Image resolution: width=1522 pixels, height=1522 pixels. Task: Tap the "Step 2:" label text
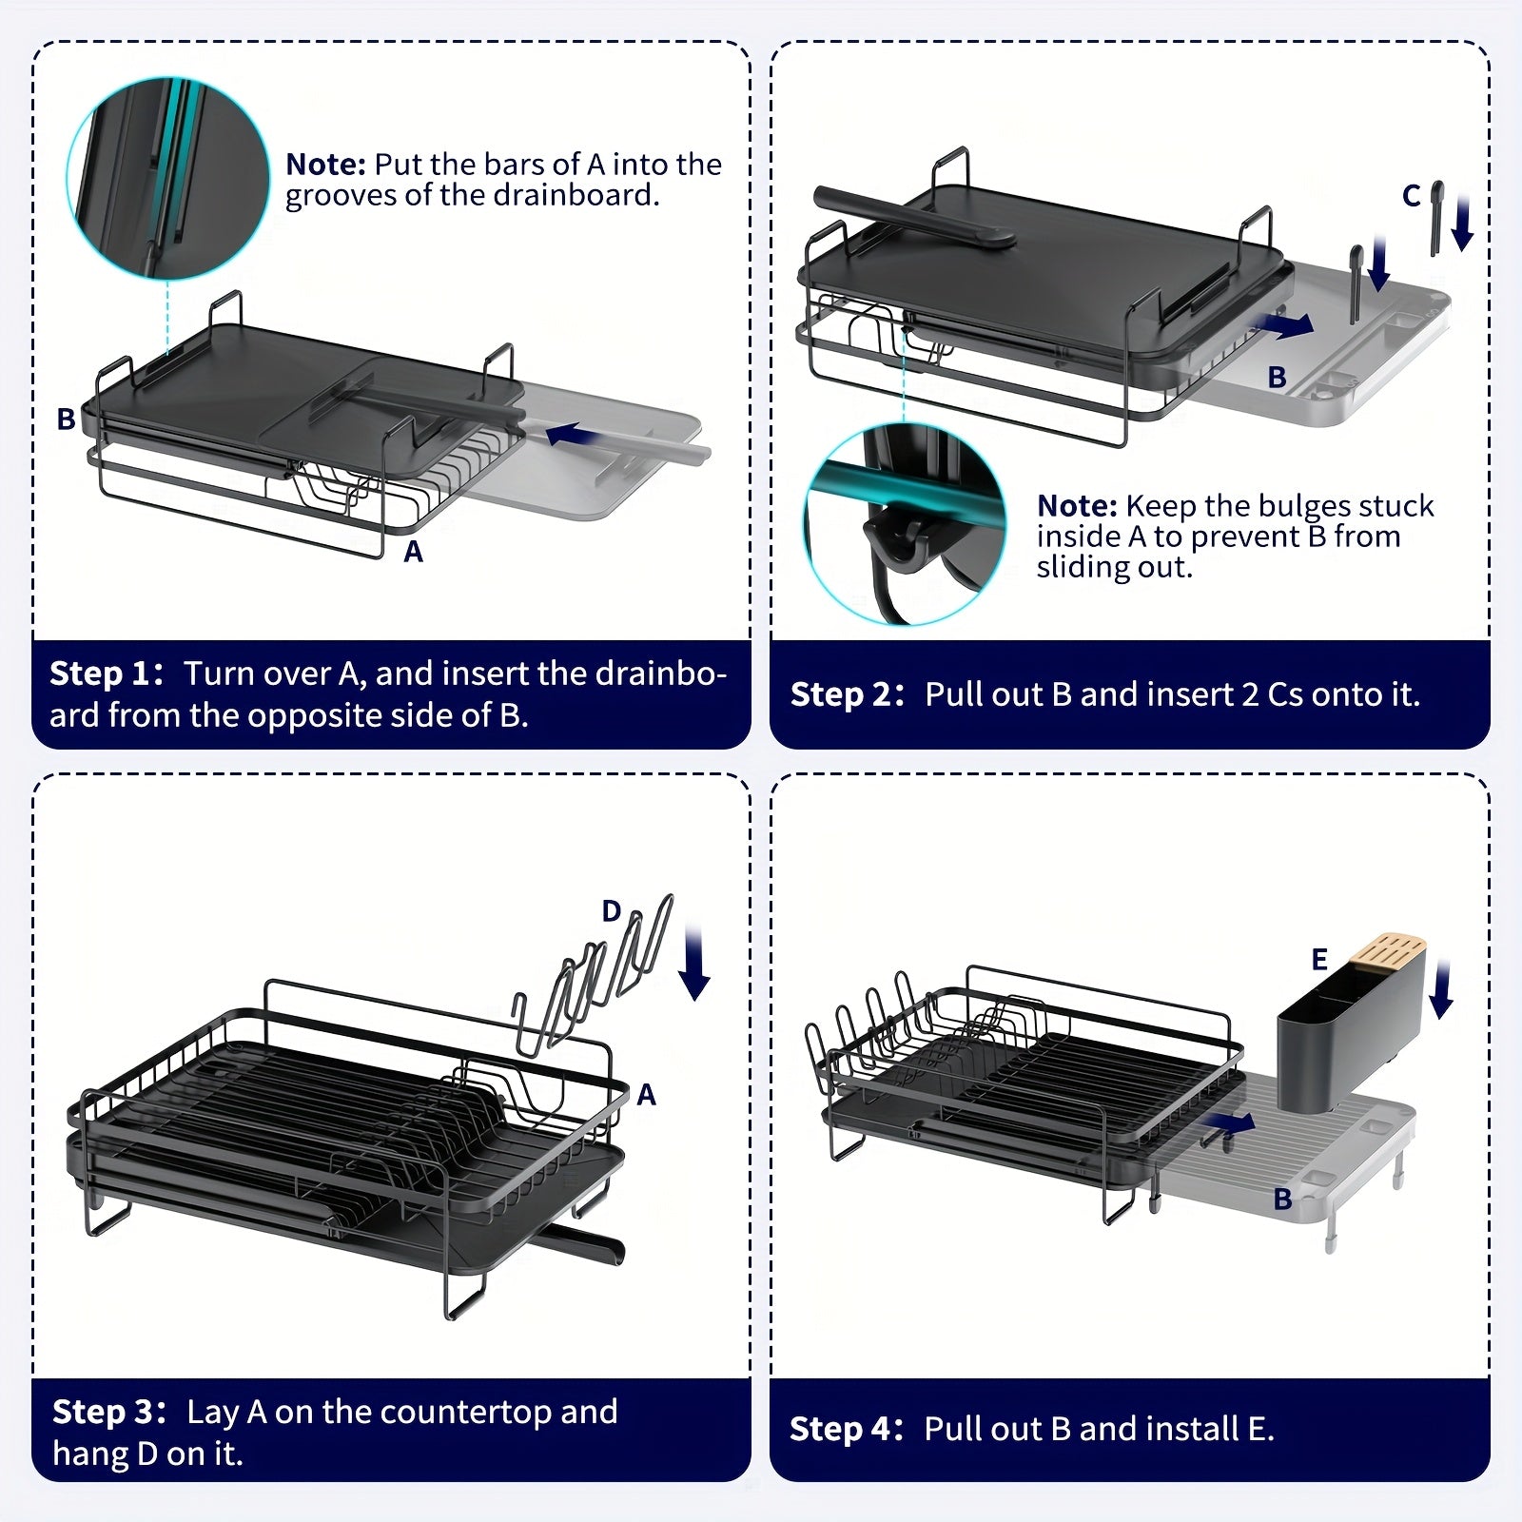tap(847, 694)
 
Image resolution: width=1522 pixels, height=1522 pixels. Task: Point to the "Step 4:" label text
tap(846, 1429)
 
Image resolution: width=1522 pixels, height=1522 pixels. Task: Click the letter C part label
tap(1412, 196)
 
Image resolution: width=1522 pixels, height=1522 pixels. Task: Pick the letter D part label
tap(612, 911)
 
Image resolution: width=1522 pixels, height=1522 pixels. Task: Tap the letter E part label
tap(1319, 959)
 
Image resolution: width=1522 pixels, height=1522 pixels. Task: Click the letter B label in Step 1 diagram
tap(66, 419)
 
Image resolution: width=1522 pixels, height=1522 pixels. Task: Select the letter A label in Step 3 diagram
tap(647, 1095)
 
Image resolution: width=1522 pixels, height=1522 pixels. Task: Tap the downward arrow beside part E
tap(1442, 989)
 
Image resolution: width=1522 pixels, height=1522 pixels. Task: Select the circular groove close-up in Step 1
tap(167, 179)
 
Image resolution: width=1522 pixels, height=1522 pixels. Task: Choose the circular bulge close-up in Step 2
tap(905, 524)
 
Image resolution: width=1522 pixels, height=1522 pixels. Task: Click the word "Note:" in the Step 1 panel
tap(325, 165)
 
